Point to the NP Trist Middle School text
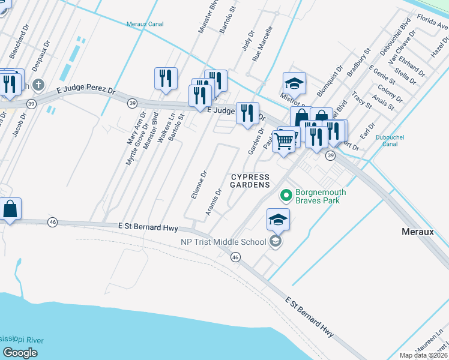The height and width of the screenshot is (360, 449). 223,242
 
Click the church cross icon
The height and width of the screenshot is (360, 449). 39,85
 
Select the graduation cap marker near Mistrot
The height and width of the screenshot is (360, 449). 294,83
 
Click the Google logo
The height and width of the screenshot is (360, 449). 20,352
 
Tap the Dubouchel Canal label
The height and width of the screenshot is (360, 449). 390,140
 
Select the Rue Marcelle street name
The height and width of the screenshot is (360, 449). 262,44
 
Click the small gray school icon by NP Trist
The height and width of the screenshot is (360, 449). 276,242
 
